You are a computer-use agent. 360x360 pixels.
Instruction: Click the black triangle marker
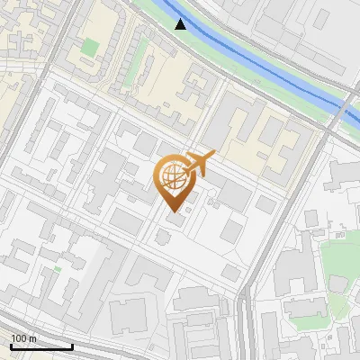coord(181,23)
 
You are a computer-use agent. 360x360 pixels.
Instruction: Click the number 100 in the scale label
coord(20,338)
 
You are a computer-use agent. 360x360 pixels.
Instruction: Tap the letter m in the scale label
coord(33,338)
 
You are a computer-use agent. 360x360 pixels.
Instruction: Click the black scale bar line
coord(41,346)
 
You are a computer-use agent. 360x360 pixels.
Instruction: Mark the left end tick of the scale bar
coord(11,345)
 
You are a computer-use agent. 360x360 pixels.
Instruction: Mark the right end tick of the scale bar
coord(72,345)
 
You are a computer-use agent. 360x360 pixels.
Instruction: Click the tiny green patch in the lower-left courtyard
coord(57,269)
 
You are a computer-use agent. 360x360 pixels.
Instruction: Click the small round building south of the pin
coord(163,237)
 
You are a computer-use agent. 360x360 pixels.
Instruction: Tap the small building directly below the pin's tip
coord(175,220)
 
